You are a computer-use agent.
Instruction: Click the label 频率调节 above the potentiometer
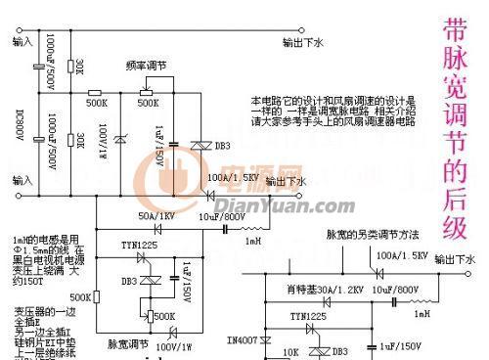146,67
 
